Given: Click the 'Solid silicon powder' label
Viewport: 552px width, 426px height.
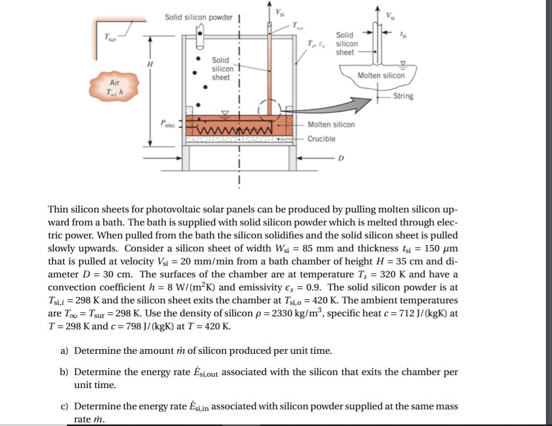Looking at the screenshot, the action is pos(198,17).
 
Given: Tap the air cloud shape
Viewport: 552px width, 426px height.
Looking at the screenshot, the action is pos(114,87).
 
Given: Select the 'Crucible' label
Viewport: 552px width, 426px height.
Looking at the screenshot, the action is pos(321,139).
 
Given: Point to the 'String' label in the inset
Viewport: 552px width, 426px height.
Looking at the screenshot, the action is pos(403,96).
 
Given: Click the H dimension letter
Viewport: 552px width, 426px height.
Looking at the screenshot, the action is pos(150,64).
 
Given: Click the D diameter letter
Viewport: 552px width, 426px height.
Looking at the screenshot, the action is pos(341,158).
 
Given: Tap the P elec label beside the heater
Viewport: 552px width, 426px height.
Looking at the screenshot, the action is pos(168,124).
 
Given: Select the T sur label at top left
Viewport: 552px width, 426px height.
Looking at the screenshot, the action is pos(110,37).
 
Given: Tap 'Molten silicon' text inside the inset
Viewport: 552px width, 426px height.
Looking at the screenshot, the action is pos(381,75).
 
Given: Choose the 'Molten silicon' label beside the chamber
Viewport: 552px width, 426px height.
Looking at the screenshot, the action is pos(331,125).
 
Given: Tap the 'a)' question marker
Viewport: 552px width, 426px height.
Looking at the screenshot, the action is pos(64,351).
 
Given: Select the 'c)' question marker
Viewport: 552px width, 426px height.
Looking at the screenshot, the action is pos(64,406).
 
